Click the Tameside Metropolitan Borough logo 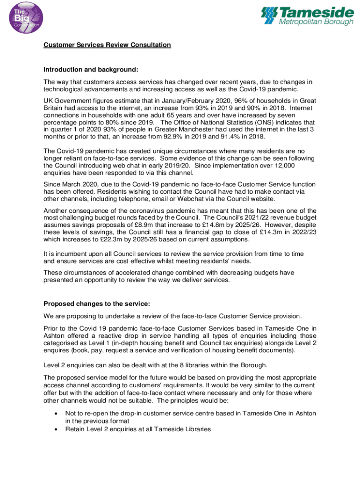pyautogui.click(x=307, y=16)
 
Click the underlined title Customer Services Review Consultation pyautogui.click(x=107, y=45)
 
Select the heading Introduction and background pyautogui.click(x=91, y=70)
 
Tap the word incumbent pyautogui.click(x=65, y=254)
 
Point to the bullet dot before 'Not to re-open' pyautogui.click(x=57, y=414)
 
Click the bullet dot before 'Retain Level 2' pyautogui.click(x=57, y=428)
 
